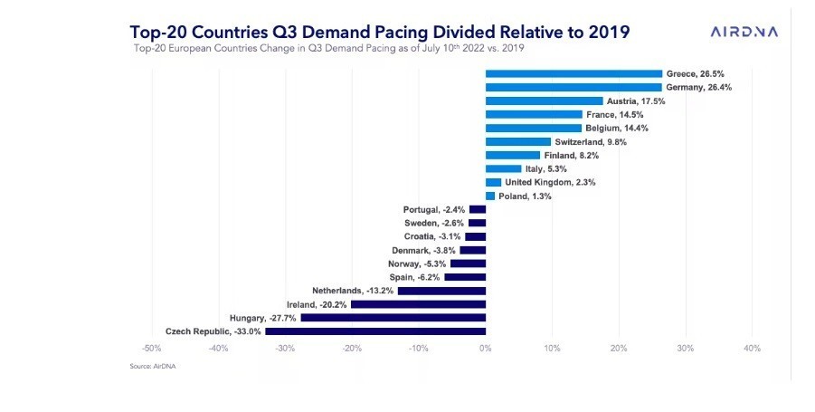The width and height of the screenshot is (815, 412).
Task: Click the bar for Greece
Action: click(x=573, y=74)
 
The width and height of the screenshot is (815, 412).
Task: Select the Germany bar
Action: click(x=573, y=88)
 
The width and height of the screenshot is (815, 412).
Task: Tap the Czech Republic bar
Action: click(x=375, y=331)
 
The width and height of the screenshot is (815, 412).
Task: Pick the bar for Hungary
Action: click(x=393, y=318)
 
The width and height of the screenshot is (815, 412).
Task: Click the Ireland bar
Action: click(x=418, y=304)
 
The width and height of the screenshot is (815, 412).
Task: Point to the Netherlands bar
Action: click(x=441, y=291)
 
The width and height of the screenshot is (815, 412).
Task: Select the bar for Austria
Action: click(x=544, y=101)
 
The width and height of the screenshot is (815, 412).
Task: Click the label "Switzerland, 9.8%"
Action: click(x=591, y=142)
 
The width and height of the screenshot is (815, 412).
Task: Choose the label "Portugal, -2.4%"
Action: click(x=433, y=209)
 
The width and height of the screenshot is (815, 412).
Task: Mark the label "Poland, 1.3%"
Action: click(x=525, y=196)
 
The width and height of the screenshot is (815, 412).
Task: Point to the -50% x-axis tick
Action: click(x=152, y=349)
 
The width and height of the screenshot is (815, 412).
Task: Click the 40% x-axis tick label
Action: click(x=752, y=349)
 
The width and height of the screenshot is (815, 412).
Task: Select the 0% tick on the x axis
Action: click(x=486, y=349)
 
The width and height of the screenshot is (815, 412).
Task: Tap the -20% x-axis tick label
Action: click(x=352, y=349)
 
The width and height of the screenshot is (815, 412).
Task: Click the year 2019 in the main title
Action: click(x=604, y=32)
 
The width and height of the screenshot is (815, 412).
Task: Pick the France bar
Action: click(x=534, y=115)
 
